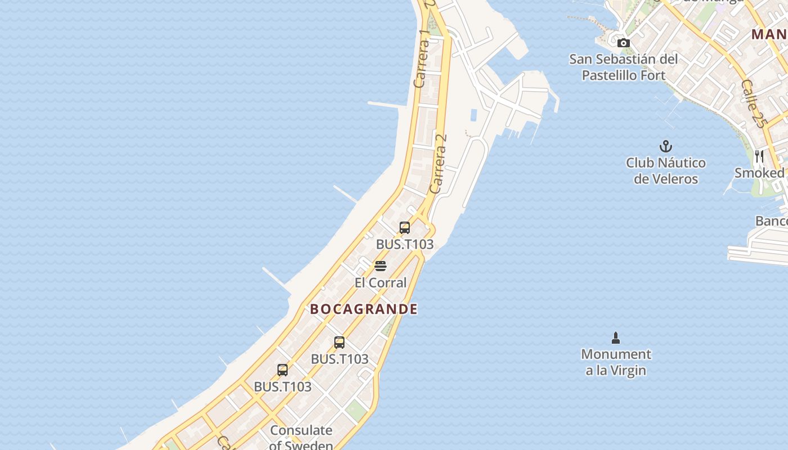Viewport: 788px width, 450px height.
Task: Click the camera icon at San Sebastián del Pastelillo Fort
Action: click(623, 43)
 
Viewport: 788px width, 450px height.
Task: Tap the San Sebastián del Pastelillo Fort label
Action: click(623, 67)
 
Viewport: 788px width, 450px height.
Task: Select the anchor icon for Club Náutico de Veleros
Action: click(666, 147)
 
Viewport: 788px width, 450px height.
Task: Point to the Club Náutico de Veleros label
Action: click(666, 171)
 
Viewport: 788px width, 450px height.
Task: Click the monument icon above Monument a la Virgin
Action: click(616, 338)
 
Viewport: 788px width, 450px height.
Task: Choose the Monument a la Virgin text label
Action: click(616, 362)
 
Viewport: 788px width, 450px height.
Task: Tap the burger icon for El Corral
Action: click(380, 266)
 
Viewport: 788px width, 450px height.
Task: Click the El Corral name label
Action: click(380, 282)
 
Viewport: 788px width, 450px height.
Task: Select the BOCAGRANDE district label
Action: click(364, 309)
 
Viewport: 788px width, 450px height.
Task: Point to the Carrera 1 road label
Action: click(422, 58)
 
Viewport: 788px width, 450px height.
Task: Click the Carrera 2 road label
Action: click(438, 163)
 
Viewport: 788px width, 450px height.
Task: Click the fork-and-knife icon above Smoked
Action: click(759, 156)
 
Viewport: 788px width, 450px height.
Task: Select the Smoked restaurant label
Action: click(759, 173)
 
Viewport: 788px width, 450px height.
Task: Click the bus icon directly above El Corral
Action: click(404, 228)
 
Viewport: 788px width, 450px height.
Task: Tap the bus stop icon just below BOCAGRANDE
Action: click(339, 343)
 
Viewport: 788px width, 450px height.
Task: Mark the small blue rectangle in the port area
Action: click(473, 115)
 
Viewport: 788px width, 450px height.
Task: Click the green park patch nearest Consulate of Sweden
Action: click(356, 411)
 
